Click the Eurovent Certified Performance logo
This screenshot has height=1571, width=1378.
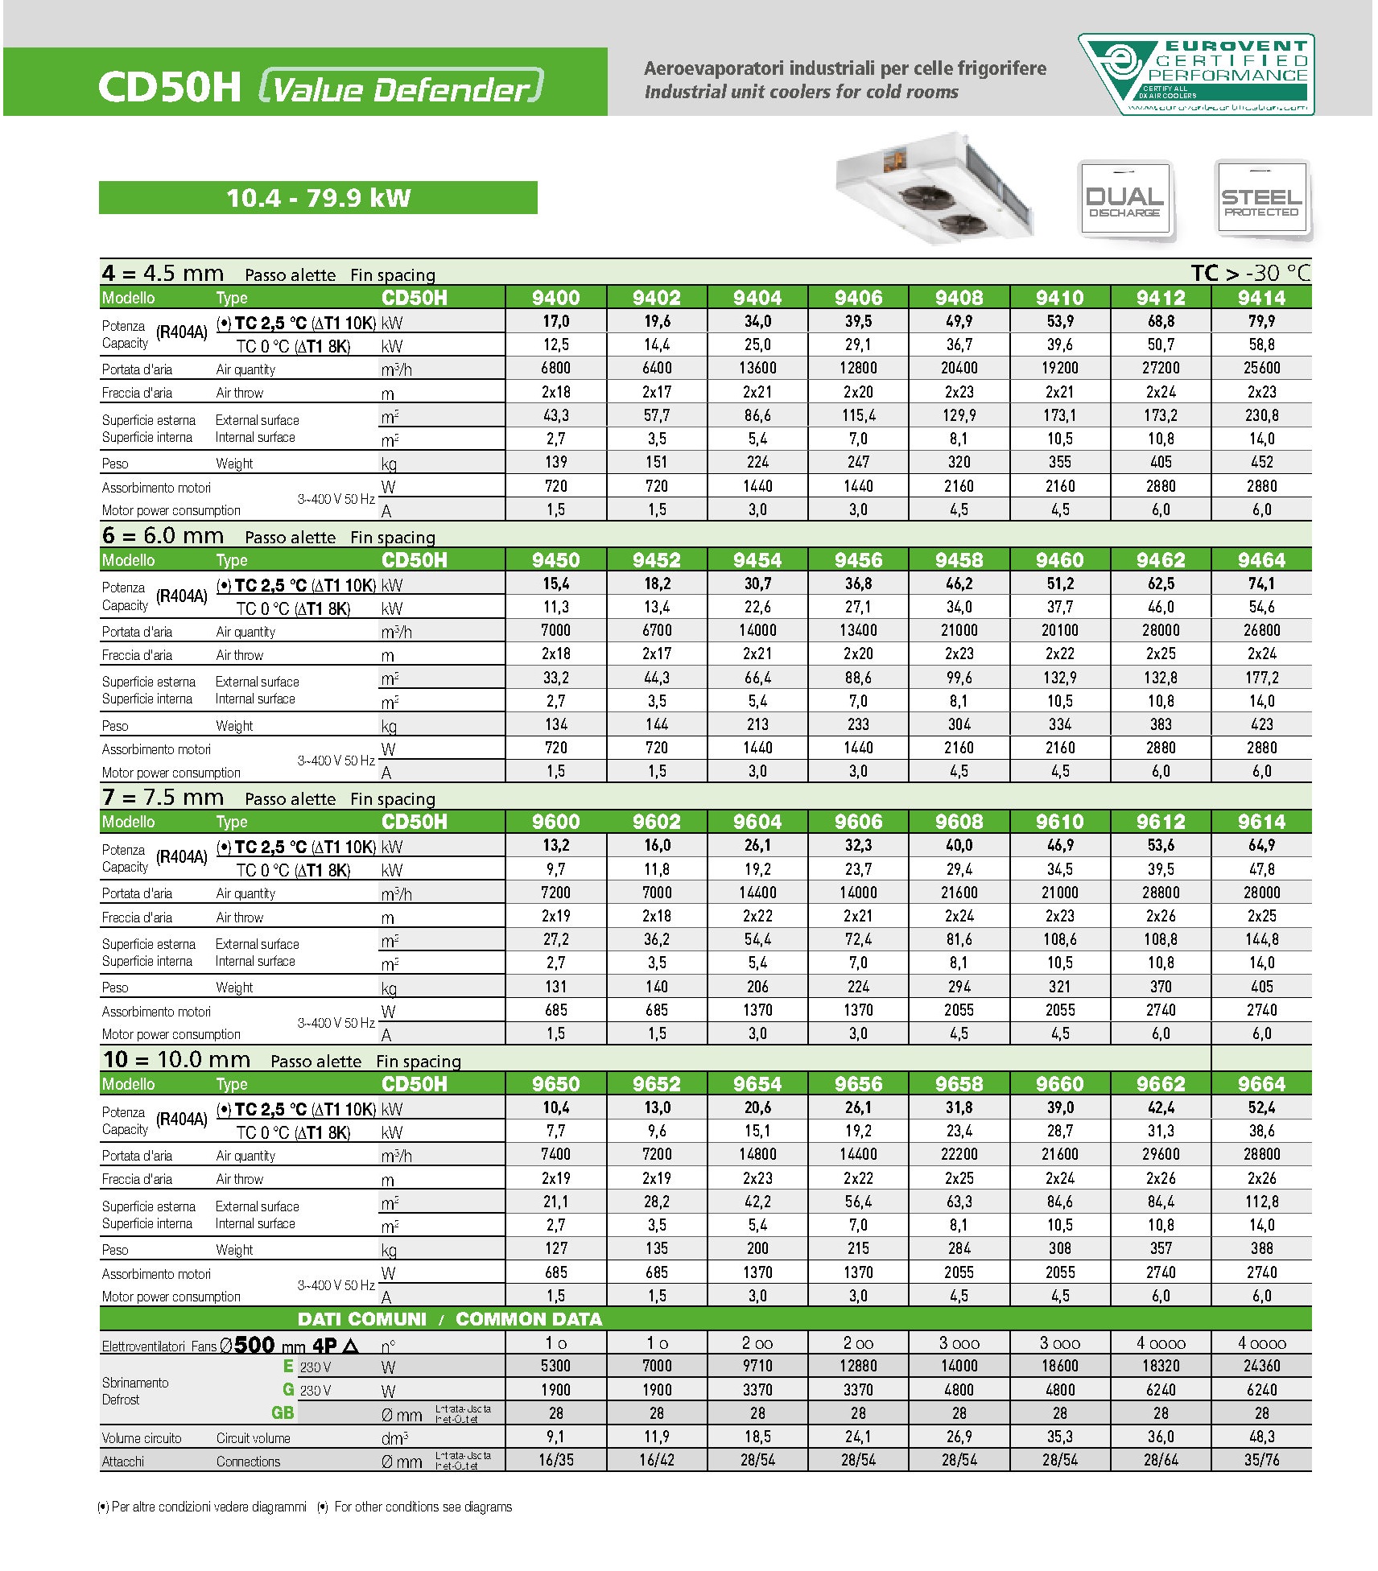[1196, 74]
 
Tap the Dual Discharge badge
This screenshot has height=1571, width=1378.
[1124, 199]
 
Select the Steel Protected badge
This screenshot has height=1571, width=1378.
[1261, 199]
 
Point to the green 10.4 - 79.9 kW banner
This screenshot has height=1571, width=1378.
[318, 198]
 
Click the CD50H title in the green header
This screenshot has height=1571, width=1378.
[169, 87]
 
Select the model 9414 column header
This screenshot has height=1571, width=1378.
[1261, 298]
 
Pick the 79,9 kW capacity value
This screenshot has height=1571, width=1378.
[1261, 322]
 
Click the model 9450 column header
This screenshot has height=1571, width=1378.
[555, 560]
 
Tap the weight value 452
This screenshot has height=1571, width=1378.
[1261, 463]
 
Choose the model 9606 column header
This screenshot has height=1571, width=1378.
[858, 822]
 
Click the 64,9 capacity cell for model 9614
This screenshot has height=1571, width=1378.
[1261, 846]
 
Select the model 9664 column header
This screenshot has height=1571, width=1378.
[1261, 1084]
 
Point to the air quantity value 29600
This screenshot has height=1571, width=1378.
[1161, 1155]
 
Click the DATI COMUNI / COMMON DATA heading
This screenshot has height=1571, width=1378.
[449, 1319]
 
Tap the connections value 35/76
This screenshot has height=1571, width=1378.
[1261, 1460]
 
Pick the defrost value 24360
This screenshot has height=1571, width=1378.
[1261, 1366]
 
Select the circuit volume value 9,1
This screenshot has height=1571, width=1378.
[555, 1437]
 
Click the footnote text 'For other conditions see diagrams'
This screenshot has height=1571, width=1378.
[423, 1507]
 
